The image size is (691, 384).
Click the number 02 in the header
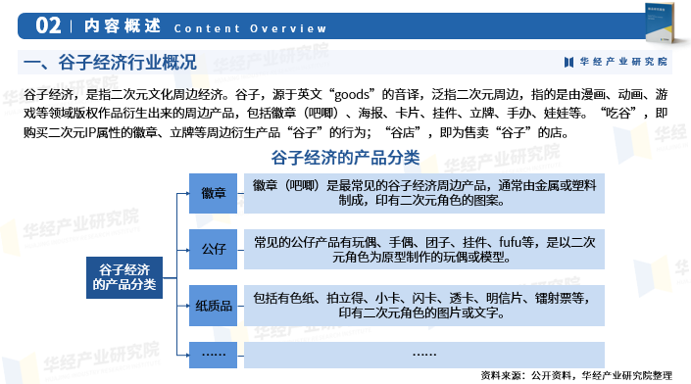48,25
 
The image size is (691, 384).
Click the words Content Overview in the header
250,28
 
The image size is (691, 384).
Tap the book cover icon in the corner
660,23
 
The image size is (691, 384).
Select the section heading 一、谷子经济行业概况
110,62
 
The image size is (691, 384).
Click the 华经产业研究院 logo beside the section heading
616,62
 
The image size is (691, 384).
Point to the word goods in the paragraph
352,94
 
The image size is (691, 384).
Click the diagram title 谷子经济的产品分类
345,158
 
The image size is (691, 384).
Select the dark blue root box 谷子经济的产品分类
124,277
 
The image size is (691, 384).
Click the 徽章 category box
214,193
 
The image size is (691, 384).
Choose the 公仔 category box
214,249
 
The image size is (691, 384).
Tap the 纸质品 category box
214,306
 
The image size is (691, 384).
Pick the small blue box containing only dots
214,355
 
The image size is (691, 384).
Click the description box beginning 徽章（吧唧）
424,193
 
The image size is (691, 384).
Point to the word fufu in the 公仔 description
511,242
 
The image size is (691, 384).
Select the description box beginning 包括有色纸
424,306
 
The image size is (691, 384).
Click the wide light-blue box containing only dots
424,355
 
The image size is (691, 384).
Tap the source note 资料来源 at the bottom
576,375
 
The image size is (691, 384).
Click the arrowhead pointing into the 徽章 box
187,193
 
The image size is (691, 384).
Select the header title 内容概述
123,26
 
